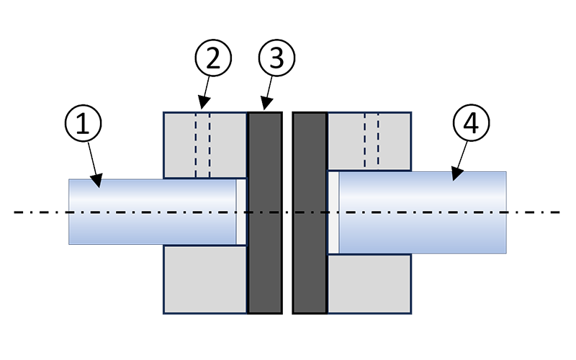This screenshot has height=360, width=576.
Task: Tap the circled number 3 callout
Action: click(x=276, y=60)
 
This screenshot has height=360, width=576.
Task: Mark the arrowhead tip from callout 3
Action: click(x=263, y=110)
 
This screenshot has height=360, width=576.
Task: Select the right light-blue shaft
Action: click(x=425, y=212)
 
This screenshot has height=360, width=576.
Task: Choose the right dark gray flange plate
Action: click(x=310, y=212)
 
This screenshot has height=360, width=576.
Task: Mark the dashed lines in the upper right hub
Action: click(x=372, y=141)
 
